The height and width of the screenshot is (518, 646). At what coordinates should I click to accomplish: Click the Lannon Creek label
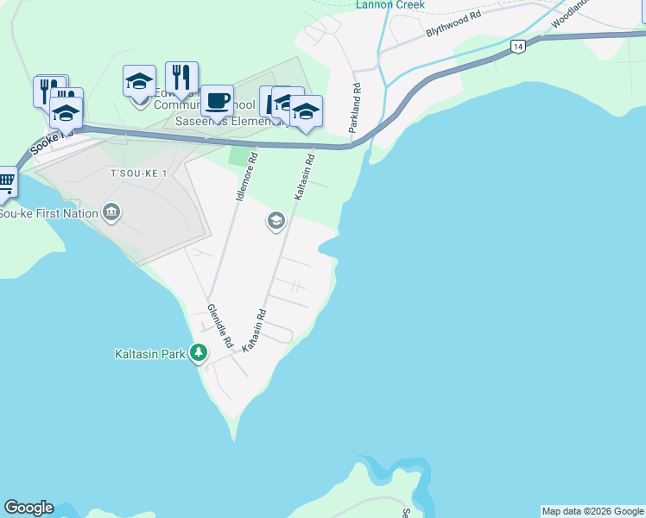point(389,4)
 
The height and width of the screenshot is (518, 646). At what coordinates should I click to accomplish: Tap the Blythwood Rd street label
point(453,24)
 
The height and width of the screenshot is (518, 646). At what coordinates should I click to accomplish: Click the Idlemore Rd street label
point(247,178)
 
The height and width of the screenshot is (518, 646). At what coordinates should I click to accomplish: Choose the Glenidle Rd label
point(220,325)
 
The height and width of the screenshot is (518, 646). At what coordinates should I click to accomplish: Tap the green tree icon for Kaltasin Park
point(199,353)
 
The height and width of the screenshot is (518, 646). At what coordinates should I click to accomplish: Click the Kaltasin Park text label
point(151,354)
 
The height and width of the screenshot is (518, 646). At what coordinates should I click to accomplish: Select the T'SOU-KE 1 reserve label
point(132,174)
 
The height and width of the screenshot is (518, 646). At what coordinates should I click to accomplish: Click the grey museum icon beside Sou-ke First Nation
point(111,212)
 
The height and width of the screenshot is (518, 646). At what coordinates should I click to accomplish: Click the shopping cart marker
point(5,181)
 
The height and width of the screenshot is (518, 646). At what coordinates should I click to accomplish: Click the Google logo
point(28,508)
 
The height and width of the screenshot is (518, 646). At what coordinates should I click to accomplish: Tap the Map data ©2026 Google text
point(592,511)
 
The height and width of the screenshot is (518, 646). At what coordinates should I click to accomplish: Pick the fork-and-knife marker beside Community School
point(181,78)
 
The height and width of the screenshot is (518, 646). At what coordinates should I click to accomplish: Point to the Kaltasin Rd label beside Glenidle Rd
point(254,331)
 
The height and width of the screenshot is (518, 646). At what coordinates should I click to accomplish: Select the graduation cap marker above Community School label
point(139,81)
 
